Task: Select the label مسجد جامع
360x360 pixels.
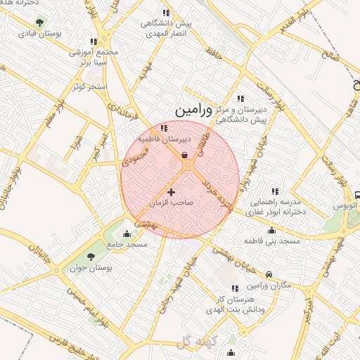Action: click(127, 244)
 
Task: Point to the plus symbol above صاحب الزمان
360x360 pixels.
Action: click(171, 191)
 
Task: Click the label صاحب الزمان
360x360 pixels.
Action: click(171, 202)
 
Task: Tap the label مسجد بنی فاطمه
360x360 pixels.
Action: click(272, 241)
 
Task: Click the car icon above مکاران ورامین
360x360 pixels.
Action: click(269, 274)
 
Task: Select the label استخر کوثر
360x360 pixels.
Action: click(88, 86)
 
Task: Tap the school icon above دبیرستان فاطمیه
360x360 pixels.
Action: click(164, 128)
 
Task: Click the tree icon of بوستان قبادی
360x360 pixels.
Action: click(38, 22)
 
